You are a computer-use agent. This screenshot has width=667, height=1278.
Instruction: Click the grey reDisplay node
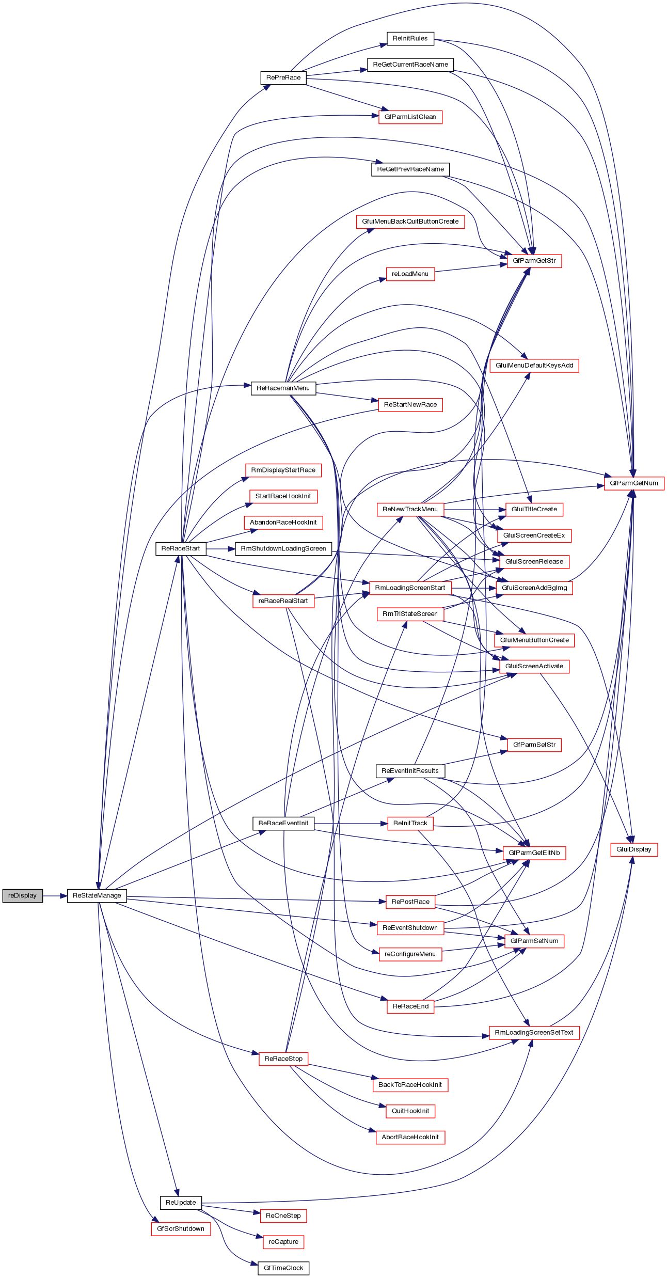22,895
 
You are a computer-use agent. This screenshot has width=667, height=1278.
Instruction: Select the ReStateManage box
97,895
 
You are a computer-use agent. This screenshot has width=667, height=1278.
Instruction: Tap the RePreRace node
283,77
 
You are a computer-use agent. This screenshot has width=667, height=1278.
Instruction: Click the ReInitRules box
410,38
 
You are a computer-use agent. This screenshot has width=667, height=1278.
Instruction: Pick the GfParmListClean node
410,117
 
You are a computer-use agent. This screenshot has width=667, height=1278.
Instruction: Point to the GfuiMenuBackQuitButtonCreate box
410,222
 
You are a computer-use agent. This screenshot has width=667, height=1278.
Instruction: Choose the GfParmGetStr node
534,261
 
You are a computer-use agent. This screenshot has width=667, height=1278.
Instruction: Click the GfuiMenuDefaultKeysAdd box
534,366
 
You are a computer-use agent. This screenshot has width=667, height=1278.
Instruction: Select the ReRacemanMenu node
283,388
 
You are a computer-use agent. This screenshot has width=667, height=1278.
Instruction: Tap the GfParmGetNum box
633,483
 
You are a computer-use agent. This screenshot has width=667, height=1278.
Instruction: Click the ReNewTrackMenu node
410,509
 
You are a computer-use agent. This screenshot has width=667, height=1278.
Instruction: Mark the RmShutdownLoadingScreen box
283,548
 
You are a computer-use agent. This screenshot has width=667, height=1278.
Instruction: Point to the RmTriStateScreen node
410,614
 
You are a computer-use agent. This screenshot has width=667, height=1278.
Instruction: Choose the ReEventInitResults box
410,771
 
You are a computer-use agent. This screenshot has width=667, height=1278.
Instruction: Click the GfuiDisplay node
633,849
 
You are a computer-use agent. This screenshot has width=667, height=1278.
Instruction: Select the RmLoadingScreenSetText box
534,1033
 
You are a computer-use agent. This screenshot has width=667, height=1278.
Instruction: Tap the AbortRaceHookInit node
410,1137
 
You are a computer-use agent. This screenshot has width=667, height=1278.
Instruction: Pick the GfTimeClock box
283,1268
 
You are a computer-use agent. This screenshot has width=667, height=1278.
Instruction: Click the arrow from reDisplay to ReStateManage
55,895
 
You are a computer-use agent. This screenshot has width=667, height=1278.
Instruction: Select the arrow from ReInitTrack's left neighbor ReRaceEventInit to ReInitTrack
351,823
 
